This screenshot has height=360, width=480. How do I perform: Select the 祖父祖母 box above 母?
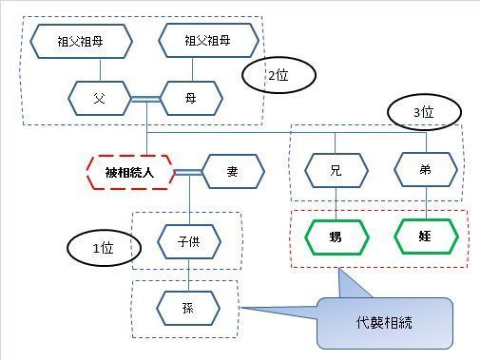[x=208, y=41]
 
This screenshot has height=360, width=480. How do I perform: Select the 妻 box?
[x=232, y=172]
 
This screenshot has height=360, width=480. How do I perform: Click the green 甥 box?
[x=335, y=235]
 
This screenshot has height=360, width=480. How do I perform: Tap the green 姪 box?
[x=425, y=235]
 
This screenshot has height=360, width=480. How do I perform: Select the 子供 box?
[x=188, y=240]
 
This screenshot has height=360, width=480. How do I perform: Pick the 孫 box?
[x=188, y=308]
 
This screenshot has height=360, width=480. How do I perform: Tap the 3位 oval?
[x=425, y=112]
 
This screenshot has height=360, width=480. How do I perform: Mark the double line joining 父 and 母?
[x=145, y=96]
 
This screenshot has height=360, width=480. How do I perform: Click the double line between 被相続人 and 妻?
[x=188, y=172]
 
